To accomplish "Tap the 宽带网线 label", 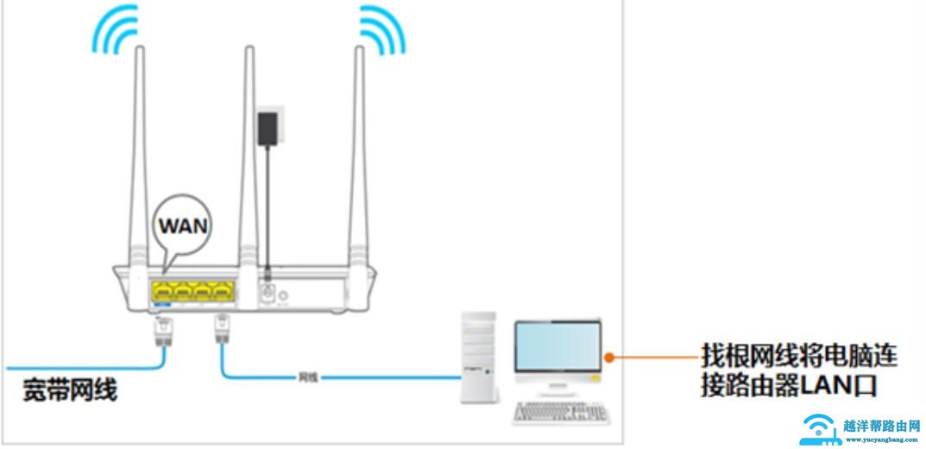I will [70, 390].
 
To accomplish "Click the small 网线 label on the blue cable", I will [308, 377].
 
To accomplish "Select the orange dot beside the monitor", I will [608, 356].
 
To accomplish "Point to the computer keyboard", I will [554, 412].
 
